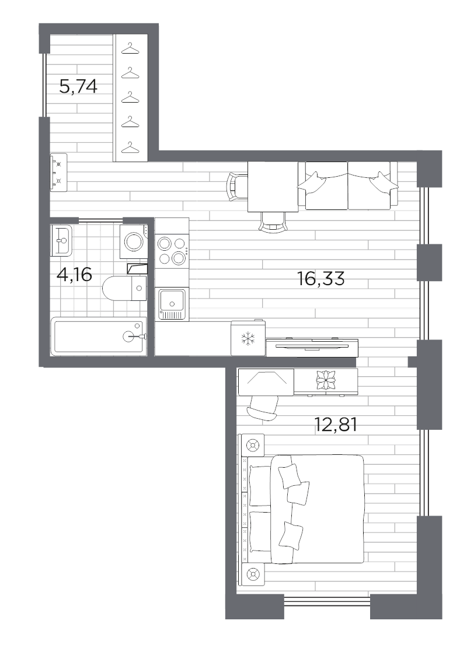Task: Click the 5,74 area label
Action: (x=78, y=87)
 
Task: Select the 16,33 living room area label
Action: (x=321, y=279)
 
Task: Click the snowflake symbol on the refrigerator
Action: (x=249, y=338)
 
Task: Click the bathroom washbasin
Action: (x=61, y=240)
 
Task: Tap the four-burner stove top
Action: (x=172, y=251)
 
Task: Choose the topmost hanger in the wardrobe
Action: (x=131, y=50)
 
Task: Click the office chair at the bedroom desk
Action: (x=264, y=405)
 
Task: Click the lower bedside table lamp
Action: (x=253, y=574)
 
